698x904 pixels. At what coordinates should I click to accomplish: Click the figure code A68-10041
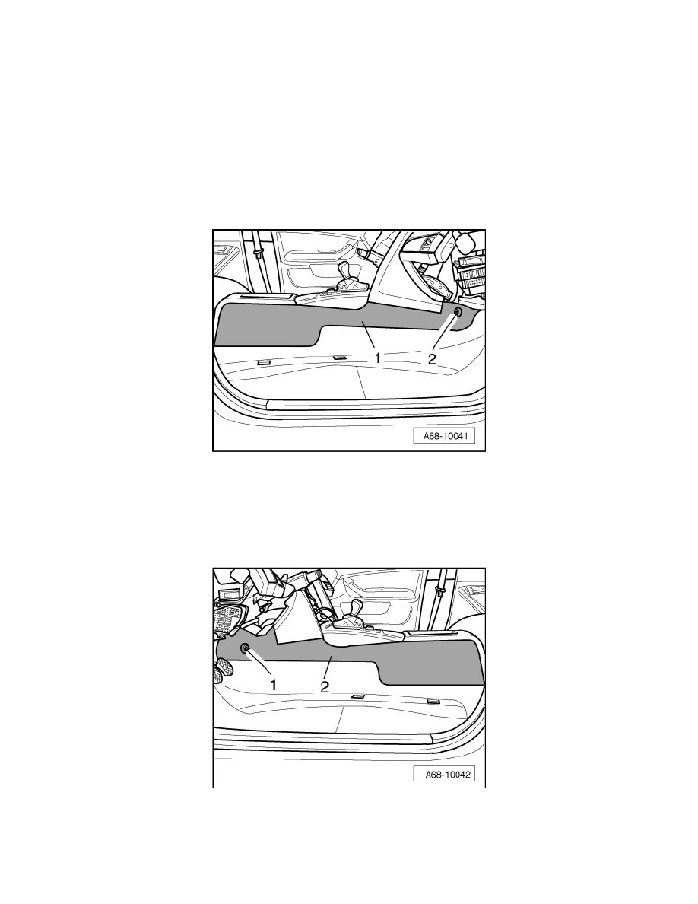(444, 436)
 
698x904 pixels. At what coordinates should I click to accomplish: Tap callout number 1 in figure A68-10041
(378, 358)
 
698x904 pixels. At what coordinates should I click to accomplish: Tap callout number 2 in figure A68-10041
(432, 358)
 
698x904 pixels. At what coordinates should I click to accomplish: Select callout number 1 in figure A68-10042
(274, 685)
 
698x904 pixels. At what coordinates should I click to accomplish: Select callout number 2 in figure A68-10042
(325, 686)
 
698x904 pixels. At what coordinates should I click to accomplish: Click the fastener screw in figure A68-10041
(458, 313)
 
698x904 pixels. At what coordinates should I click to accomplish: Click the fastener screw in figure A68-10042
(244, 648)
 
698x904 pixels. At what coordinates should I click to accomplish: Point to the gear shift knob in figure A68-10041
(347, 270)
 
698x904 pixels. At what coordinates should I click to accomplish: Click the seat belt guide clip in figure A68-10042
(441, 591)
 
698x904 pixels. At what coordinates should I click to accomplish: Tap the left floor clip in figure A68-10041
(264, 362)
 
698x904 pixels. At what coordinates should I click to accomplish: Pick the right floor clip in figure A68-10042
(434, 701)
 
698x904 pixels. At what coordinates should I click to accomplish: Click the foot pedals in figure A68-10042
(224, 670)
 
